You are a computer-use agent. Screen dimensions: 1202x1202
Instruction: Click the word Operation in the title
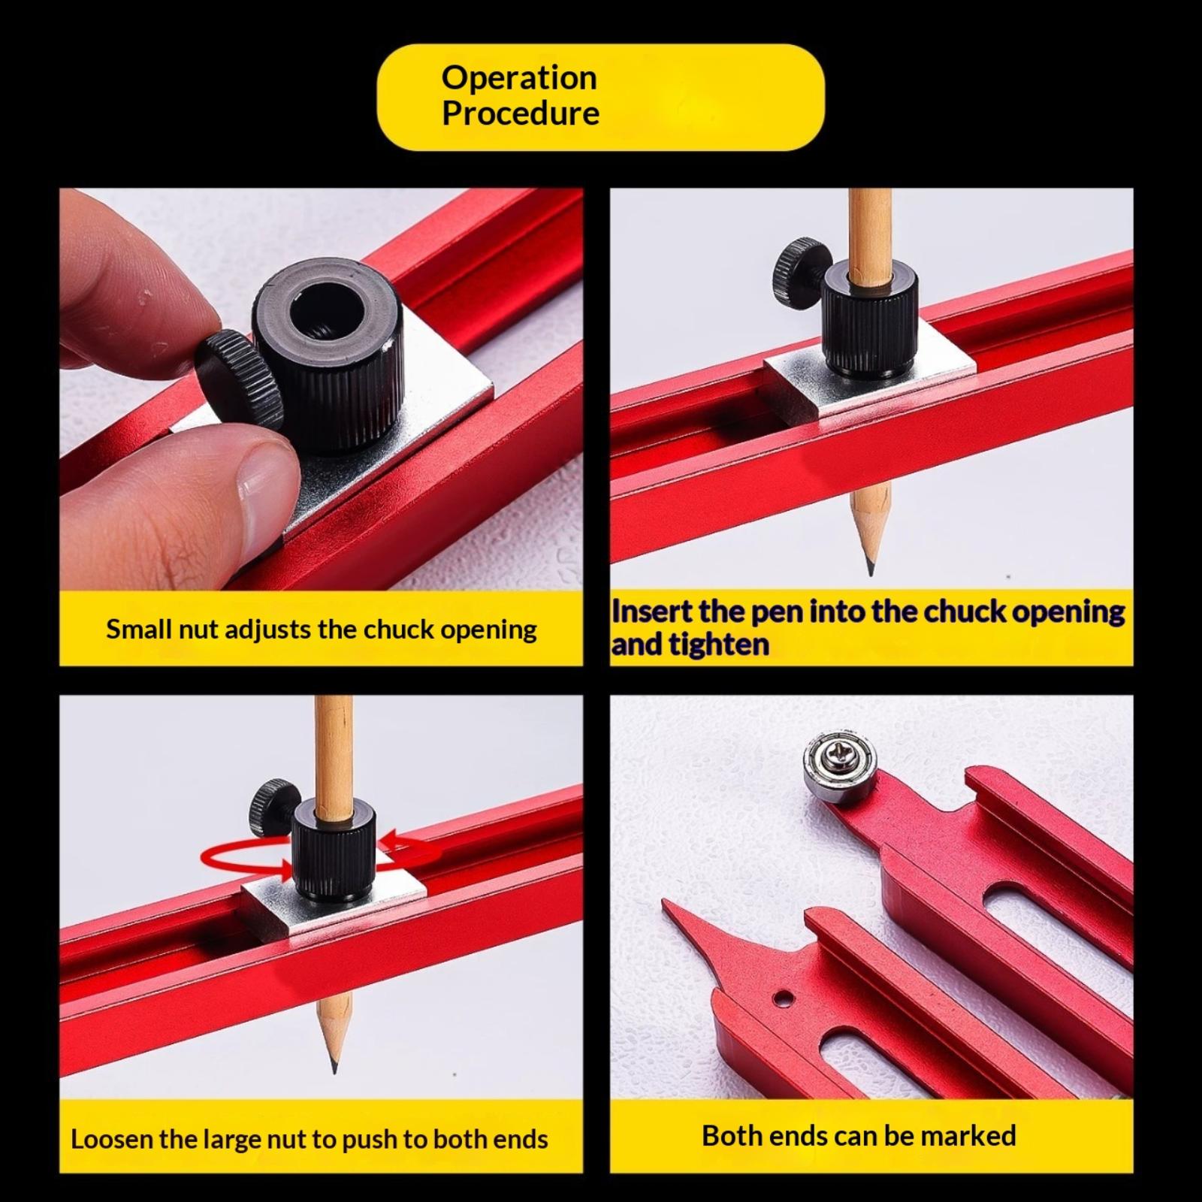coord(519,78)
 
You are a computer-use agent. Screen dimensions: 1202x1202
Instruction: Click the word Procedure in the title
coord(521,113)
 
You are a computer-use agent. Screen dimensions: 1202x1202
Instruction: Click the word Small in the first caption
coord(139,629)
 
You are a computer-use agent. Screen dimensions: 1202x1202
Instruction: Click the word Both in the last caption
coord(732,1136)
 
